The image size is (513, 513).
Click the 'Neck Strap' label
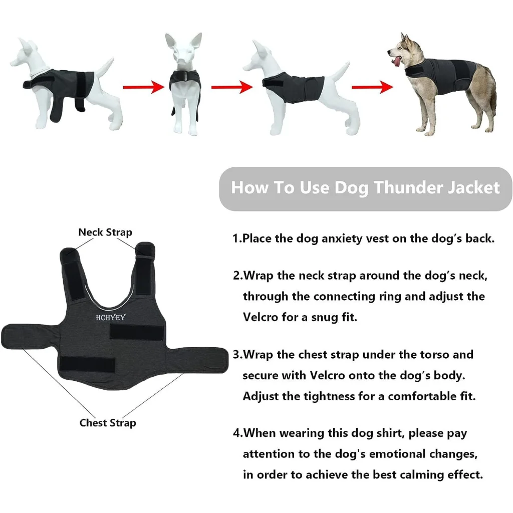click(105, 232)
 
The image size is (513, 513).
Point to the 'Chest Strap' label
click(107, 423)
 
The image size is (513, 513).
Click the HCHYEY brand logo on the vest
click(111, 317)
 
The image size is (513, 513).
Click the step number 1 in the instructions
click(236, 238)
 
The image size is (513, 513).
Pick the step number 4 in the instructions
click(236, 433)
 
